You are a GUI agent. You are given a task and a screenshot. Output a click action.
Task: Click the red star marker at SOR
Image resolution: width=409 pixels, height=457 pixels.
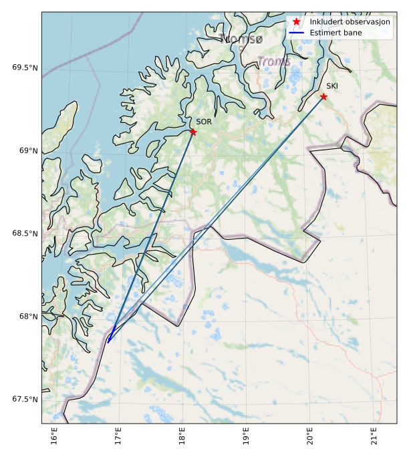pos(193,132)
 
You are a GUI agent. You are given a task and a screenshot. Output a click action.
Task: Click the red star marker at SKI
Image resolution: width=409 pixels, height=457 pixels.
pos(323,96)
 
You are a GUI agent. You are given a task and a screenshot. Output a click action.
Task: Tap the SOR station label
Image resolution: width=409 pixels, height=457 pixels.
pos(204,122)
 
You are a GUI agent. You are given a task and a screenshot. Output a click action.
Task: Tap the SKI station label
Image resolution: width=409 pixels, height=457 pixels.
pos(332,86)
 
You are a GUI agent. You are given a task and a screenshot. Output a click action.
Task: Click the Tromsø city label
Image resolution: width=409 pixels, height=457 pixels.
pos(241,39)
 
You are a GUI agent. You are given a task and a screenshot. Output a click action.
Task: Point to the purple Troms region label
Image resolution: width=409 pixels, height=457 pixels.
pos(274,62)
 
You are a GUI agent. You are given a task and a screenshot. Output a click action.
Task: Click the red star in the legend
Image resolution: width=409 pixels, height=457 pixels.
pos(297,22)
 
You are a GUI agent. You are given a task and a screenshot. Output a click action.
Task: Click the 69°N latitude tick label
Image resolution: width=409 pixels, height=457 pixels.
pos(29,150)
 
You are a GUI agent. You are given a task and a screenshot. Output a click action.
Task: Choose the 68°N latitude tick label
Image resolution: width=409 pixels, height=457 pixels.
pos(29,316)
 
